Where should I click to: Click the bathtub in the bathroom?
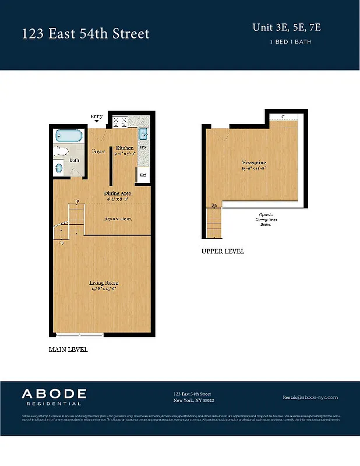[x=68, y=136]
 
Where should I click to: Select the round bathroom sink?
[x=59, y=168]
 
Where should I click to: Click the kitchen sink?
[x=143, y=136]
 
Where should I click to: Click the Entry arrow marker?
[x=97, y=121]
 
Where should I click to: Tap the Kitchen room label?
[x=125, y=149]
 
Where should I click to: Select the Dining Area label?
[x=118, y=193]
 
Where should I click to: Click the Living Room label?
[x=100, y=284]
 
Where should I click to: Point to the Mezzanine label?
[x=254, y=163]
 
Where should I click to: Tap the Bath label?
[x=75, y=160]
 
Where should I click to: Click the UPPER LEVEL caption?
[x=223, y=252]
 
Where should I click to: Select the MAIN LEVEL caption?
[x=68, y=350]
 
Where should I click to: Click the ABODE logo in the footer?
[x=54, y=396]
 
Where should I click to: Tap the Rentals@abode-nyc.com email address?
[x=310, y=397]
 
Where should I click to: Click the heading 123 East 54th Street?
[x=86, y=34]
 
